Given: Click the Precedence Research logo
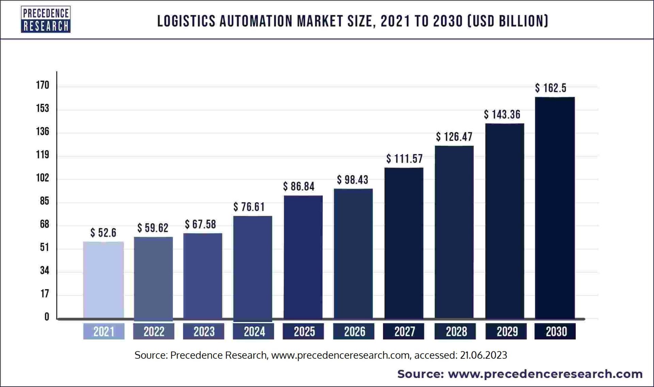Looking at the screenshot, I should pos(46,19).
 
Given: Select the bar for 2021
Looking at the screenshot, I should pos(103,280).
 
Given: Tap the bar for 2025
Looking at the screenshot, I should pos(303,257).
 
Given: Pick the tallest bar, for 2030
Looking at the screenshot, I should pos(555,208).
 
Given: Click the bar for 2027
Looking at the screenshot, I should pos(404,243).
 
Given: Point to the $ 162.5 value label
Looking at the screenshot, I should pos(551,88).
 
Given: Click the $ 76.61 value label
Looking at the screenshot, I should pos(249,207).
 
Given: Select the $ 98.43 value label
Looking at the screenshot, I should pos(353,180).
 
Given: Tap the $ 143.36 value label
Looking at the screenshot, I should pos(502,114).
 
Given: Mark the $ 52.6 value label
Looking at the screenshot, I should pos(103,233).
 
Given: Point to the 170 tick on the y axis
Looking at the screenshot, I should pos(43,85).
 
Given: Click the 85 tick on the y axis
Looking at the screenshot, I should pos(44,201).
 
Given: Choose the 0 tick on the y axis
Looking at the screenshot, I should pos(47,317).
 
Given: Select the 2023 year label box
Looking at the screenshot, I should pos(204,332).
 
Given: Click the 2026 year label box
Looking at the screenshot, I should pos(354,332).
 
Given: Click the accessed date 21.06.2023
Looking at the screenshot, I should pos(483,355).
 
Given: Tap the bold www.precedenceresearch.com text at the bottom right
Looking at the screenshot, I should pos(545,374).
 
